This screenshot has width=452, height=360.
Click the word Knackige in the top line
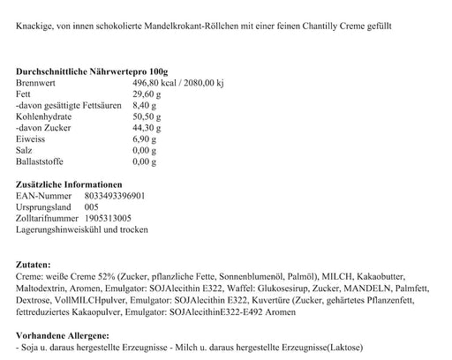click(x=34, y=26)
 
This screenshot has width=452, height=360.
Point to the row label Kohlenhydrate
click(x=44, y=116)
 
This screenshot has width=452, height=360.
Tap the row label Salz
click(x=25, y=150)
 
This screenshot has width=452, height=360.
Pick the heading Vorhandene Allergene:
click(x=63, y=336)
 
